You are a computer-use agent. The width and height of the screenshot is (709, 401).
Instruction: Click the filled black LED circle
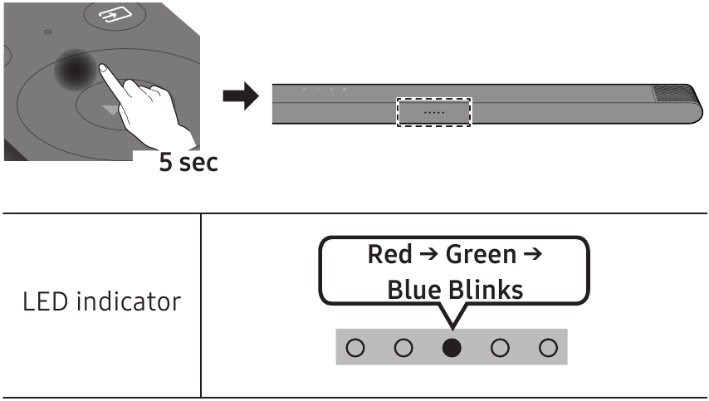[x=452, y=347]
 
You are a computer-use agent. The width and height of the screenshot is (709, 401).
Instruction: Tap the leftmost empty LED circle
[x=354, y=347]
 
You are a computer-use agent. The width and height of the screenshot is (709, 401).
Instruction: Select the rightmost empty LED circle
[x=548, y=347]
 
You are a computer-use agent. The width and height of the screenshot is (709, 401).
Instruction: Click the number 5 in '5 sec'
[x=166, y=162]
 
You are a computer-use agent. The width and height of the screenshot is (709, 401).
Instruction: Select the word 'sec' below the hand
[x=200, y=163]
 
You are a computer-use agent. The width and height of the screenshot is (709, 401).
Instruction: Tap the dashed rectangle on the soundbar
[x=434, y=111]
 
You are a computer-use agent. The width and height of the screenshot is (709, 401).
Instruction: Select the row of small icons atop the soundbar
[x=325, y=88]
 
